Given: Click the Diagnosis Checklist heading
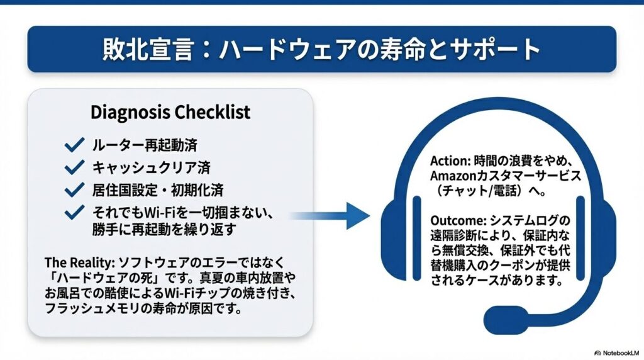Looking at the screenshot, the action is point(170,112).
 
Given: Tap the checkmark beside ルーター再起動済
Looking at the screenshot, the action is point(74,145).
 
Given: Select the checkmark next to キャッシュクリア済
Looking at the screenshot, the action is point(74,167).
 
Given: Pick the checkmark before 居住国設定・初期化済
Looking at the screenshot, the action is point(74,190).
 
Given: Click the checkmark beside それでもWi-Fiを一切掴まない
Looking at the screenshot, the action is point(74,212).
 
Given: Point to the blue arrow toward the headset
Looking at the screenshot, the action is point(328,215).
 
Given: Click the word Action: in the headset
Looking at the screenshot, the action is point(450,160).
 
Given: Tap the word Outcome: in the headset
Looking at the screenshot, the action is point(458,221).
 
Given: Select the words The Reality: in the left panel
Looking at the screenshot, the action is point(79,262).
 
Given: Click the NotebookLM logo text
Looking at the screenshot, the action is point(620,352).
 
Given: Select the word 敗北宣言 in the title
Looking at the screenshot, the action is point(148,49).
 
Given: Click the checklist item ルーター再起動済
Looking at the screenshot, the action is point(145,145).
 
